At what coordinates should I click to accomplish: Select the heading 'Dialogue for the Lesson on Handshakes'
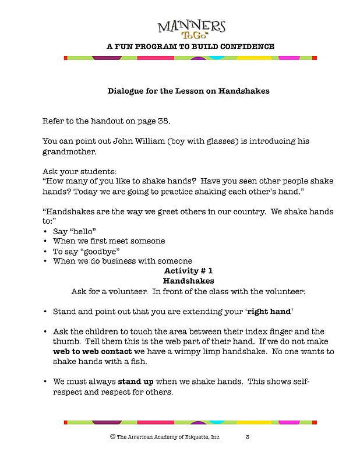click(188, 91)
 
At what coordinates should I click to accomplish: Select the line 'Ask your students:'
click(79, 171)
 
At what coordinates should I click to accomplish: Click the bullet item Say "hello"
click(75, 231)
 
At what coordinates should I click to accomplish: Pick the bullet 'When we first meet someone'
click(109, 241)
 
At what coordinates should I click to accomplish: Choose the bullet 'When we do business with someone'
click(122, 261)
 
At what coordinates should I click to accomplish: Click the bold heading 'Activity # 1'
click(189, 271)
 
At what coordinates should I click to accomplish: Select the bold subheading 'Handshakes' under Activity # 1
click(189, 281)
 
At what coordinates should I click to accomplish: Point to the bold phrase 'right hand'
click(269, 312)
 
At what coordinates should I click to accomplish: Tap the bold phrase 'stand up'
click(136, 382)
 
